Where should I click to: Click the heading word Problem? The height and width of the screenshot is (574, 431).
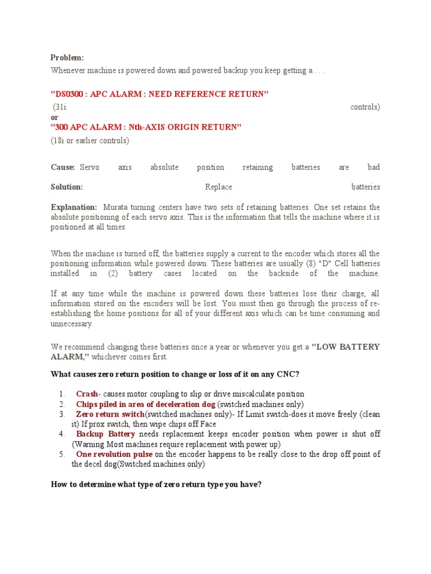point(67,58)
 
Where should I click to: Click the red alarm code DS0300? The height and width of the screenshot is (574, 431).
point(70,94)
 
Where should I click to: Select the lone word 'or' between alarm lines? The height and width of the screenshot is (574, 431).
point(54,118)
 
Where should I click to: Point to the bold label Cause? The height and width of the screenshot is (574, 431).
point(63,167)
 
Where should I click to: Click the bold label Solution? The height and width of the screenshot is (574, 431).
point(67,187)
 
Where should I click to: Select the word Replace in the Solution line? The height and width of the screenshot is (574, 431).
point(218,187)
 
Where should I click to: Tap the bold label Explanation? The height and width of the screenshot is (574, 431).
point(74,207)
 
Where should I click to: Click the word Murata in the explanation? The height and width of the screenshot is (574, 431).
point(117,207)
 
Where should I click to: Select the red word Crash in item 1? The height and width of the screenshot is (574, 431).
point(88,394)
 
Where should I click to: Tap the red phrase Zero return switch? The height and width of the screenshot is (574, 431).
point(110,414)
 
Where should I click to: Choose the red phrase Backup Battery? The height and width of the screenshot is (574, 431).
point(106,434)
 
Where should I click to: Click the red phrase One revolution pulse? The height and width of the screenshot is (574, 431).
point(114,454)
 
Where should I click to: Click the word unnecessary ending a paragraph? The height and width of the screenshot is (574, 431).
point(72,324)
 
